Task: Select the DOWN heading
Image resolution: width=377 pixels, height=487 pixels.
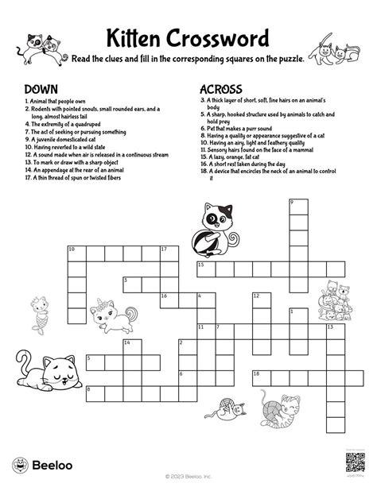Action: tap(41, 89)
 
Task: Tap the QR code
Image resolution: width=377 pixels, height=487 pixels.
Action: tap(355, 460)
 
